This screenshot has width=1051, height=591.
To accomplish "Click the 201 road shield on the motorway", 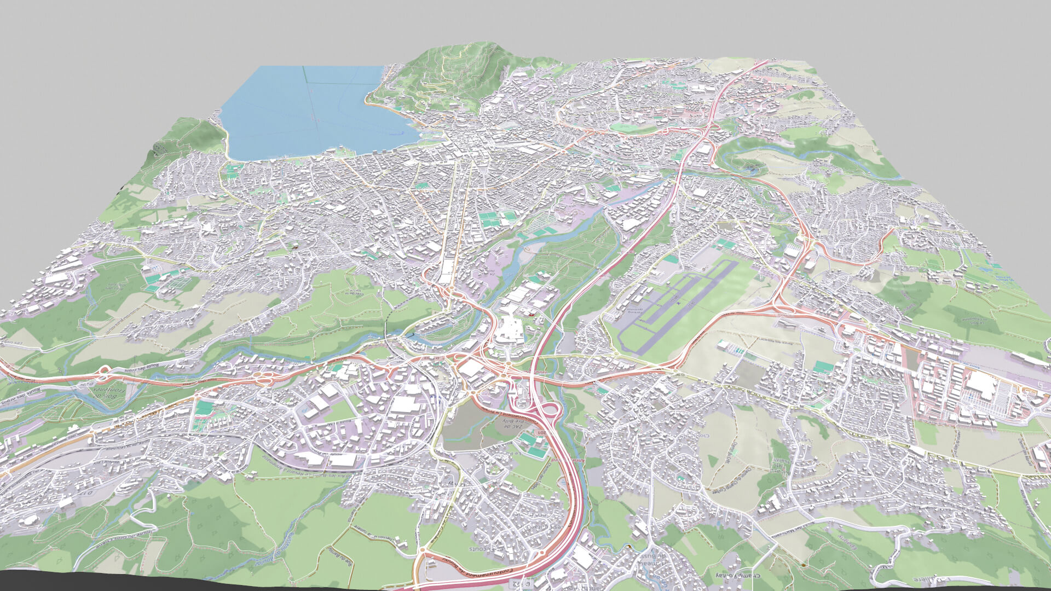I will tap(542, 432).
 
